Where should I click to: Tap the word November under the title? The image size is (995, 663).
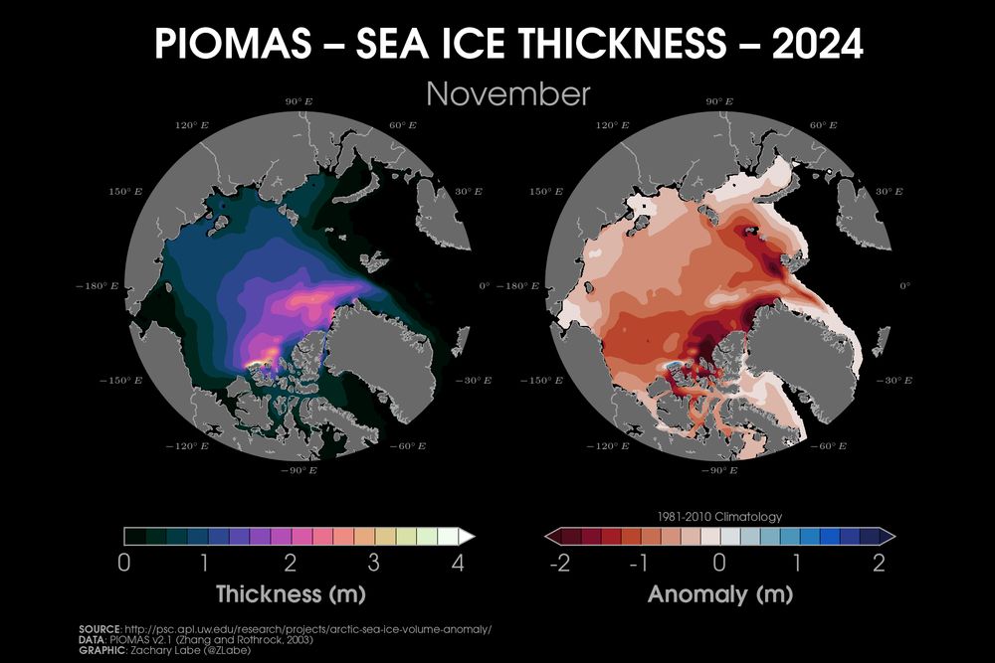(x=507, y=94)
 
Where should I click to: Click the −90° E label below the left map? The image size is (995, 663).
(x=298, y=468)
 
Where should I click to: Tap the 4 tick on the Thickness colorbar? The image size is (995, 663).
(x=457, y=564)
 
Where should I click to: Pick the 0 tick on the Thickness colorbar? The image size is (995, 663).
(x=123, y=564)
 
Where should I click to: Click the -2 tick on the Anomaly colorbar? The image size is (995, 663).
(x=560, y=564)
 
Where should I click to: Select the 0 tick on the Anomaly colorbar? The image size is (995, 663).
(x=719, y=564)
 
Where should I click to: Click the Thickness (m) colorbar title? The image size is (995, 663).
(x=291, y=595)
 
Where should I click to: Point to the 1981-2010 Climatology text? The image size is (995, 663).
(x=719, y=517)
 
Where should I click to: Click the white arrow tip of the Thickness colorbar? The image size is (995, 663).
(x=468, y=536)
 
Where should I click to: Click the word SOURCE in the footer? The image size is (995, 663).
(x=99, y=630)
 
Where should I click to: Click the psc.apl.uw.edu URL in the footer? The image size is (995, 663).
(x=307, y=630)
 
